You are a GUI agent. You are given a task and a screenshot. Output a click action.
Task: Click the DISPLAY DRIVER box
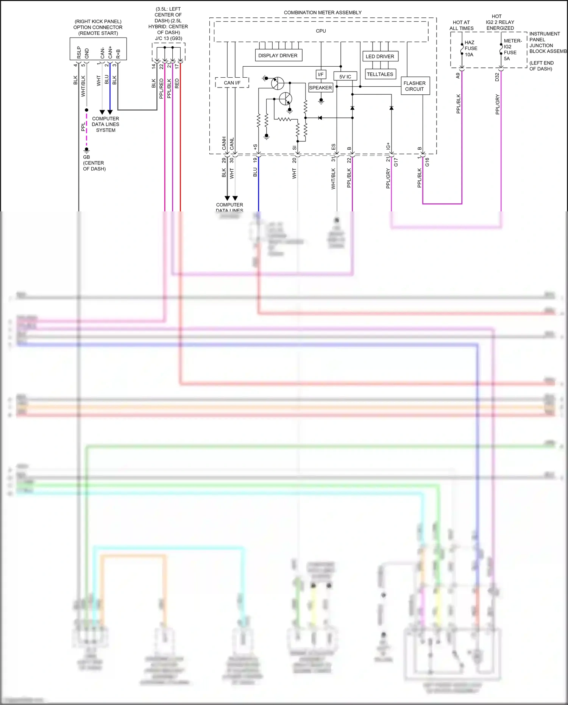click(278, 55)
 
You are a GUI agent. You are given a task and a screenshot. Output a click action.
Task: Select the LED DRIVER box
click(380, 56)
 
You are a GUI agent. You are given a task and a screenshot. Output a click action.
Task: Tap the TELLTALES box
click(380, 74)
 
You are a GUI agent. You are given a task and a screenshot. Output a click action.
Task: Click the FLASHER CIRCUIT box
click(415, 86)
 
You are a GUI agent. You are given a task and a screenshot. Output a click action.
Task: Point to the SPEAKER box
click(320, 88)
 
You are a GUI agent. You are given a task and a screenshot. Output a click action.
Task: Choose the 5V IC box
click(345, 77)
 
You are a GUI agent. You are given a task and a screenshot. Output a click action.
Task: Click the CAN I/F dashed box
click(232, 83)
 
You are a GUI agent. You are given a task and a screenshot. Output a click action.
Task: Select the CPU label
click(321, 31)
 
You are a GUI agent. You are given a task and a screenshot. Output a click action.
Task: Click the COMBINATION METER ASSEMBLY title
click(323, 13)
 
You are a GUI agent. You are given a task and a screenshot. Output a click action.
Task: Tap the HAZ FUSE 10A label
click(471, 48)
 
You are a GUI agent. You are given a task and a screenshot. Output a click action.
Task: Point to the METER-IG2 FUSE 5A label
click(512, 50)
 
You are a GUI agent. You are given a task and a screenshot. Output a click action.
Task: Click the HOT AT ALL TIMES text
click(461, 25)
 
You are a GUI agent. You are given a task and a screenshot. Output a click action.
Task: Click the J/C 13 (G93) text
click(169, 38)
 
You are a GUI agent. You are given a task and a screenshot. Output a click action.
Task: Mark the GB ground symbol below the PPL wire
click(86, 150)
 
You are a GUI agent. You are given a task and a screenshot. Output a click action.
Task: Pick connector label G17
click(396, 162)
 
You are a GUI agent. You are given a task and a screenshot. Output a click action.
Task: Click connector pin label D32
click(497, 77)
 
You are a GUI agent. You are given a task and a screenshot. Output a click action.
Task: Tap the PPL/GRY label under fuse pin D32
click(497, 105)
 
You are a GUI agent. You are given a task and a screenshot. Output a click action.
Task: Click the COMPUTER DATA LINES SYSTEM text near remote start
click(105, 124)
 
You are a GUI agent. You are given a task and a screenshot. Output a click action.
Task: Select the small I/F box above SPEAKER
click(321, 74)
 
